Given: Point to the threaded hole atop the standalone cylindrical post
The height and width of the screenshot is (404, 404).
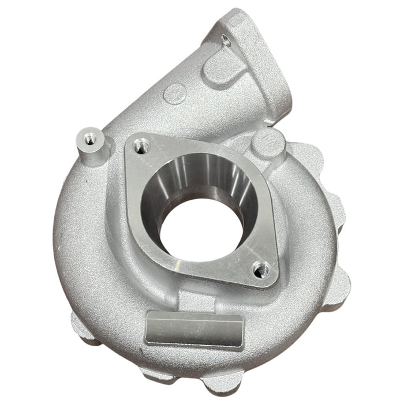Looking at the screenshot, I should tap(89, 139).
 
